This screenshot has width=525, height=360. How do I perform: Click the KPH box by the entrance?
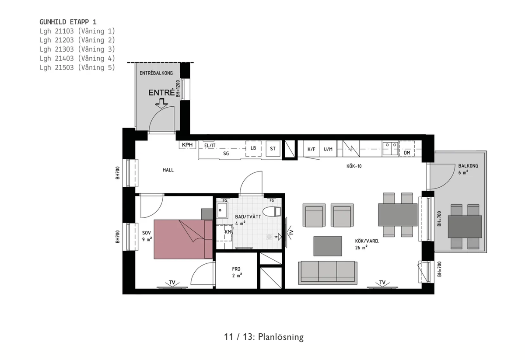(x=187, y=145)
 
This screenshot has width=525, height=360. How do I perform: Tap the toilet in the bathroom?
(x=272, y=212)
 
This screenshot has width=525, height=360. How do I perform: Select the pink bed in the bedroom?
(x=183, y=239)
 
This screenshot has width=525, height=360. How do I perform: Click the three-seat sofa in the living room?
(x=328, y=273)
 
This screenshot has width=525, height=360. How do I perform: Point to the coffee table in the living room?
(x=328, y=246)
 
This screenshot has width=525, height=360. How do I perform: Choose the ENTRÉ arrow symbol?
(x=161, y=103)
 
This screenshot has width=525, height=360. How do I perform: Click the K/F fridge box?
(x=311, y=149)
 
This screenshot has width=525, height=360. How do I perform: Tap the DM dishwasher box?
(x=407, y=149)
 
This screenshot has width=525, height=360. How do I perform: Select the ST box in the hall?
(x=273, y=149)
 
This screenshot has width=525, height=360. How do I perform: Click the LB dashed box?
(x=253, y=149)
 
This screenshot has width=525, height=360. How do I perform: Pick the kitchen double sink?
(x=390, y=148)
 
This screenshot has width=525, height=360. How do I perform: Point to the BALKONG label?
(x=468, y=166)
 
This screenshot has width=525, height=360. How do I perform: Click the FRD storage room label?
(x=236, y=269)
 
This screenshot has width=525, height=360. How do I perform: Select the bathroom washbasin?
(x=222, y=210)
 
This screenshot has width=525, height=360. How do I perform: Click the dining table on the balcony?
(x=465, y=227)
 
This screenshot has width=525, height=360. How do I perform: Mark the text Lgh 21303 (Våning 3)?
(x=77, y=49)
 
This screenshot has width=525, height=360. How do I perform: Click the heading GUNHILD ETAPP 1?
(x=68, y=22)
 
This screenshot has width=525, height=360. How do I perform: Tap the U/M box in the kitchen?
(x=328, y=149)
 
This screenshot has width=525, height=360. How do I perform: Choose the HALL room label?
(x=168, y=170)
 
